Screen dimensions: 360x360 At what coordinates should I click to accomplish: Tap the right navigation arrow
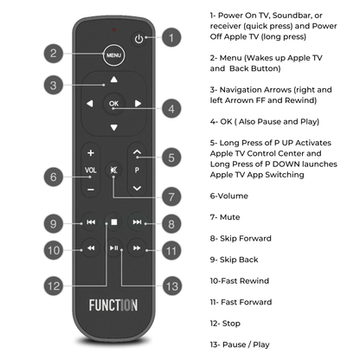[x=138, y=105]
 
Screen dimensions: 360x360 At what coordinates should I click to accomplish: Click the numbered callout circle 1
[x=172, y=37]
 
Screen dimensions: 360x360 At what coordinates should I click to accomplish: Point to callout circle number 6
[x=53, y=176]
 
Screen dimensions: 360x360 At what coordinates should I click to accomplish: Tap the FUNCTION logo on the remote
[x=113, y=305]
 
